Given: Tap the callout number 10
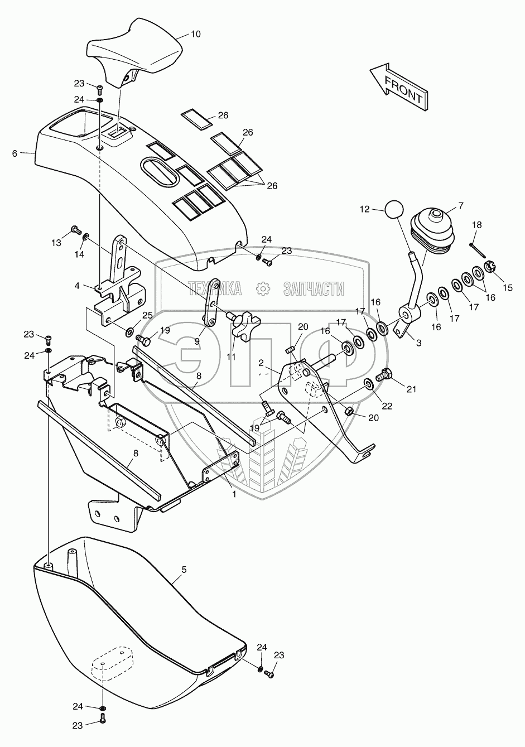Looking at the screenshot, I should click(x=196, y=34).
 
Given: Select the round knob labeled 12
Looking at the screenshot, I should click(x=394, y=210).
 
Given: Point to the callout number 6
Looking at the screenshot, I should click(x=15, y=152).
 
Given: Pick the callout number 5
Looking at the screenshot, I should click(x=184, y=570).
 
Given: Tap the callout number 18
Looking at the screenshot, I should click(x=476, y=224).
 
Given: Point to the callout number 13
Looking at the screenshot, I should click(x=56, y=243).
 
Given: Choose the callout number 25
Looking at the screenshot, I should click(x=147, y=315).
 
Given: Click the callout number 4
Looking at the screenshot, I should click(x=78, y=286).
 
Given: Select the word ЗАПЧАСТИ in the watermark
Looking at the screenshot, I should click(x=313, y=288).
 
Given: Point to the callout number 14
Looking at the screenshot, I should click(x=80, y=254).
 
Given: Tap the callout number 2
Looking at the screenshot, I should click(x=260, y=363).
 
